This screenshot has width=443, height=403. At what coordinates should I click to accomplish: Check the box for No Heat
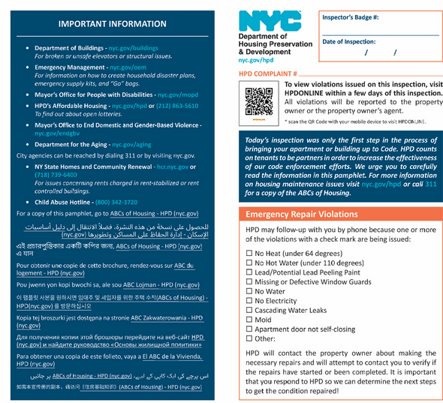(249, 253)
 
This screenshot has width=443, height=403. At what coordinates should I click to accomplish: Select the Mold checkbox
(249, 320)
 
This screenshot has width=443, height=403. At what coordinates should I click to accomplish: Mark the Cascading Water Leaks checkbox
(249, 310)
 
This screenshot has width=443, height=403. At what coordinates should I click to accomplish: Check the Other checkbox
(249, 338)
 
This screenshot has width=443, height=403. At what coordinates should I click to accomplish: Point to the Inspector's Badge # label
(351, 17)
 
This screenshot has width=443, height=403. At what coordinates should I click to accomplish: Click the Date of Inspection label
(349, 41)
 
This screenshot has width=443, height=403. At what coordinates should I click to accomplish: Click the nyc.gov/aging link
(133, 145)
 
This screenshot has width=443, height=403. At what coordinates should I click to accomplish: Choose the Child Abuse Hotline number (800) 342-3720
(116, 202)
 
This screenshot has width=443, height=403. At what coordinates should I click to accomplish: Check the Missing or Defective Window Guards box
(249, 281)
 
